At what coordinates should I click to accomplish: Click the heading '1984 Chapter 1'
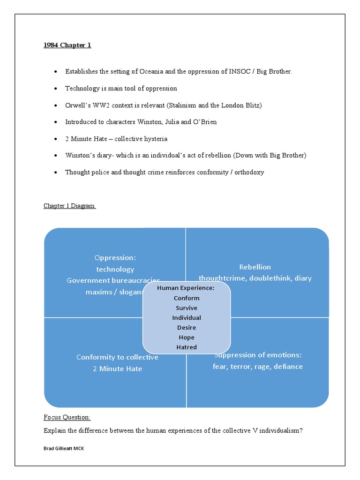pyautogui.click(x=67, y=45)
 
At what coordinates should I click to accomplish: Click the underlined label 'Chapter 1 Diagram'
pyautogui.click(x=69, y=206)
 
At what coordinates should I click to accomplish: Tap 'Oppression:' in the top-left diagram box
pyautogui.click(x=115, y=258)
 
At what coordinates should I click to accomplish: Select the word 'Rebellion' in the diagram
pyautogui.click(x=255, y=267)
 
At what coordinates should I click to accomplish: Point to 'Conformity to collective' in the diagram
pyautogui.click(x=117, y=357)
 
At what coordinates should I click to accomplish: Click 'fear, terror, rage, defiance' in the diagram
pyautogui.click(x=257, y=367)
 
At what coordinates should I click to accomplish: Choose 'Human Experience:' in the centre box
pyautogui.click(x=186, y=288)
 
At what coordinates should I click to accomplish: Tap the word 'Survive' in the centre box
pyautogui.click(x=187, y=308)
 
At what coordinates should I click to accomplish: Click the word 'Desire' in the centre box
pyautogui.click(x=187, y=328)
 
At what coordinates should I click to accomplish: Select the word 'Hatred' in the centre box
pyautogui.click(x=187, y=347)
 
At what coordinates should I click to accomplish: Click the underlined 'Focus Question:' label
pyautogui.click(x=67, y=417)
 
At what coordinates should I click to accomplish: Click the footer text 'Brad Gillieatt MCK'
pyautogui.click(x=64, y=449)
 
